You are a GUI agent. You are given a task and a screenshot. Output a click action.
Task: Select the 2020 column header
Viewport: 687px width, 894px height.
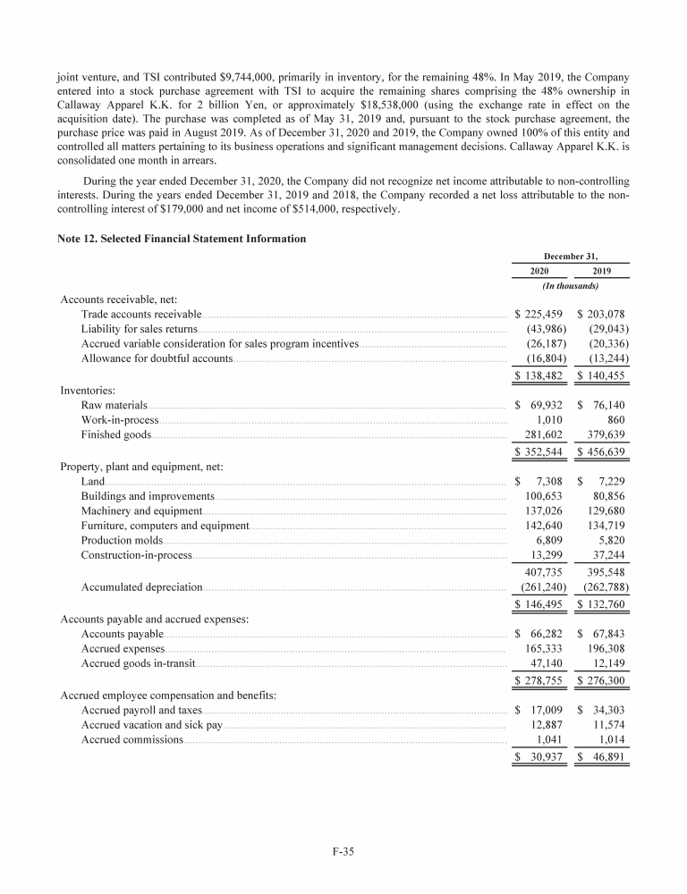[539, 272]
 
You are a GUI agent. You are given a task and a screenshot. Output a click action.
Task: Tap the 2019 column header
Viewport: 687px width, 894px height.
[602, 272]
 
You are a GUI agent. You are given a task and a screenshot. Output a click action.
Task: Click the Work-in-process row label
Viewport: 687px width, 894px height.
[120, 420]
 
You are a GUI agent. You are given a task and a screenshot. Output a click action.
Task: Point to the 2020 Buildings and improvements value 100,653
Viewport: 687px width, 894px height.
[543, 496]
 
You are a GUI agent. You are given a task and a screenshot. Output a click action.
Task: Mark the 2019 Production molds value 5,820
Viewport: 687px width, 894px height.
[608, 541]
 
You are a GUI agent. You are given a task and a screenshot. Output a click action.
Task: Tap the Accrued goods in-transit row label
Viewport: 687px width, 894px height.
[137, 663]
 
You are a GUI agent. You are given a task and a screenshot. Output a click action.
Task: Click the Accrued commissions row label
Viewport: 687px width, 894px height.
[131, 739]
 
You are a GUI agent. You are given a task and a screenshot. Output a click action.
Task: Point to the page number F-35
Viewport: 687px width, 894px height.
[343, 851]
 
